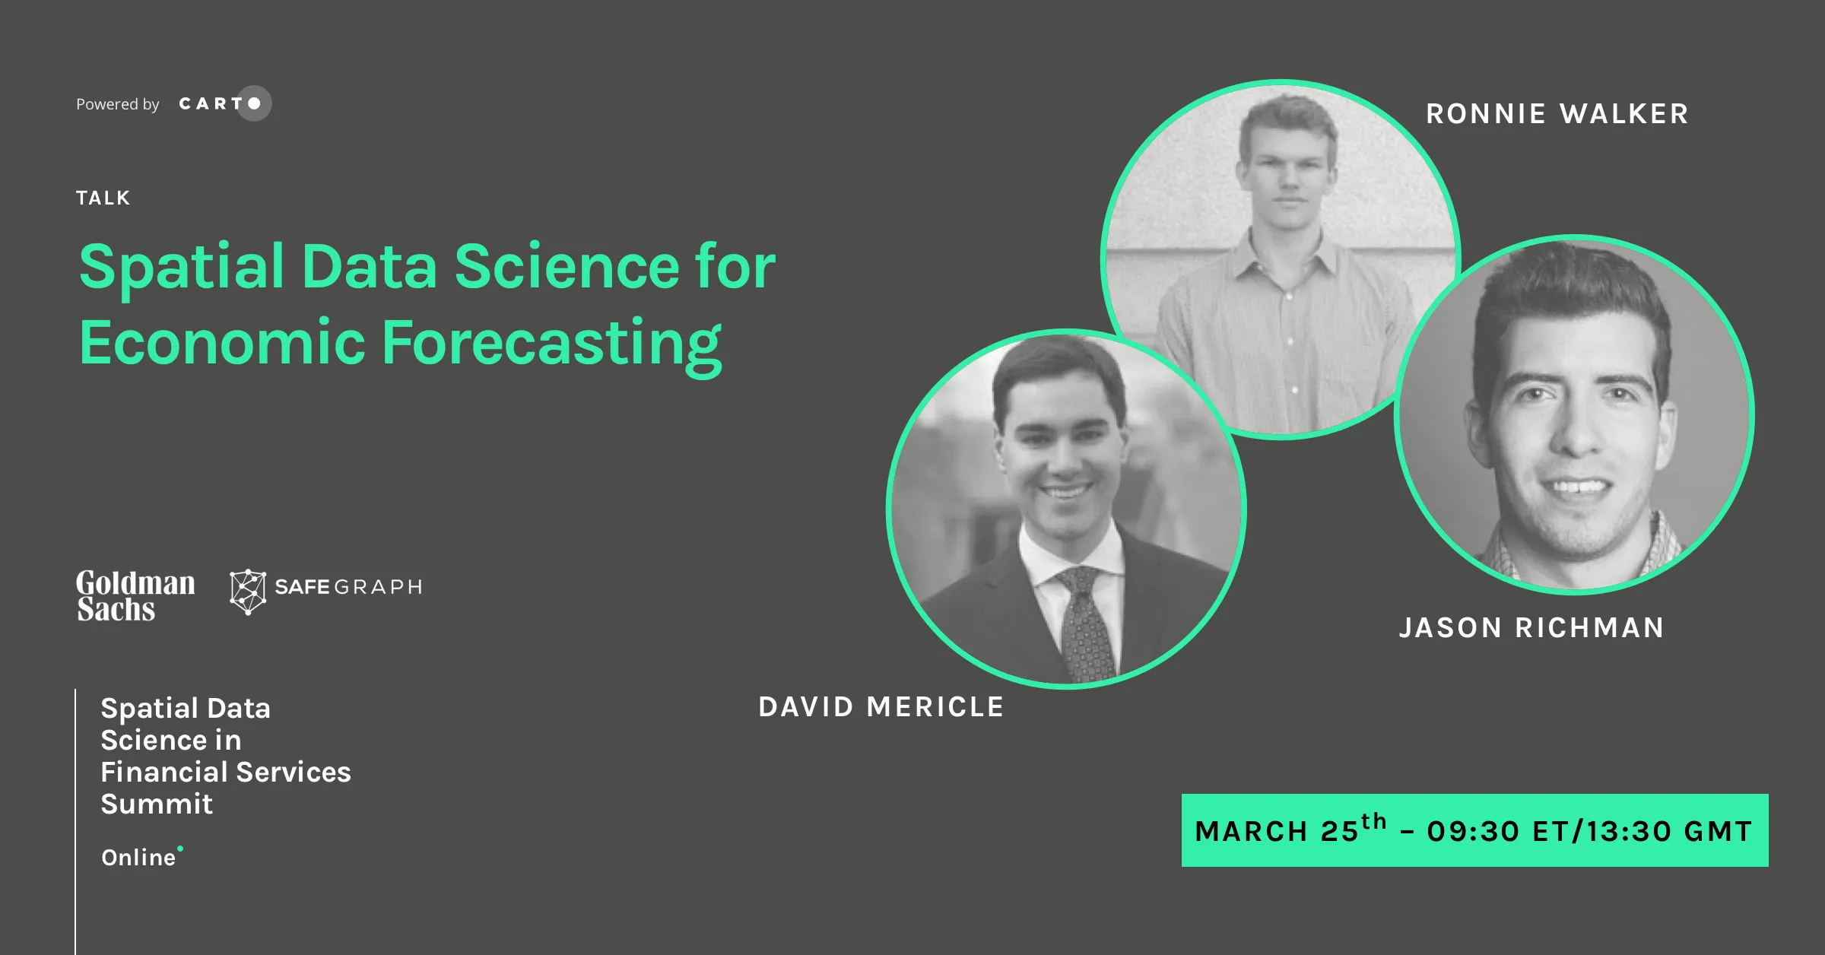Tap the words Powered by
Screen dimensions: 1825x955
(x=118, y=104)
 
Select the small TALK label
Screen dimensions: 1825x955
(x=103, y=198)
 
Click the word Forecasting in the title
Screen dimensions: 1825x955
(x=552, y=344)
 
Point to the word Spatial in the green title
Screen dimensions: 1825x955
(x=182, y=268)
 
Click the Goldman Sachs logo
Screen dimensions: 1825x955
(x=135, y=596)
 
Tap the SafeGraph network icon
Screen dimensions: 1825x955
(x=248, y=592)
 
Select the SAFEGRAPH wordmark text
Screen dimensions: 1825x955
(x=348, y=587)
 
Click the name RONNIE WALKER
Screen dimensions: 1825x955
(x=1557, y=114)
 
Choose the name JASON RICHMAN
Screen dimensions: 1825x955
(x=1531, y=628)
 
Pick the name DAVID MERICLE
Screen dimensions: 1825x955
(x=881, y=707)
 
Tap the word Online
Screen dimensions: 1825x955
(x=138, y=858)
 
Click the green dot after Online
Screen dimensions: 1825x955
(x=180, y=849)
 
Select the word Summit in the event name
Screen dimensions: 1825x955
(x=157, y=804)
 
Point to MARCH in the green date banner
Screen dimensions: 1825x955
(x=1252, y=832)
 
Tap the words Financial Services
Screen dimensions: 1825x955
(x=226, y=772)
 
